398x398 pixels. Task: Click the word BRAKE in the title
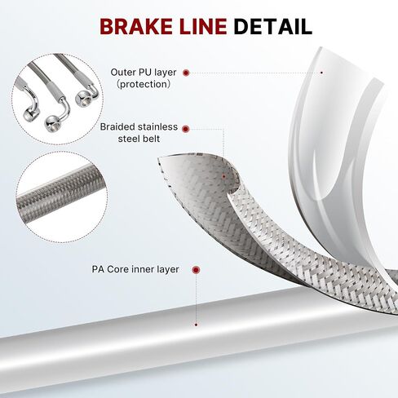[136, 26]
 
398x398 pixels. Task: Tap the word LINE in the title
[203, 26]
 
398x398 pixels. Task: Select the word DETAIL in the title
[272, 26]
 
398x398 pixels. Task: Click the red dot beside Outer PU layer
[186, 73]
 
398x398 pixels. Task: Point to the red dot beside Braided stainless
[186, 129]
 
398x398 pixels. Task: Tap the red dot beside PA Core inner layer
[196, 270]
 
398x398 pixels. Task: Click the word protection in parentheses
[144, 84]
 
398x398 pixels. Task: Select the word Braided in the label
[117, 127]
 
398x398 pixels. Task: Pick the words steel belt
[139, 139]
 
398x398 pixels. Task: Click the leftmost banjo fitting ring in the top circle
[31, 113]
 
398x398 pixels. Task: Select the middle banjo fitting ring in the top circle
[51, 124]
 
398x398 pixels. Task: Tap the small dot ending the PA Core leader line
[196, 325]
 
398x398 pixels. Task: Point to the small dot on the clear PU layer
[321, 73]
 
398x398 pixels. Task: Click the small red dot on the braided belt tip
[223, 176]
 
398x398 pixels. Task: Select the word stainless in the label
[157, 127]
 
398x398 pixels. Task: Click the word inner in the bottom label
[144, 269]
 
